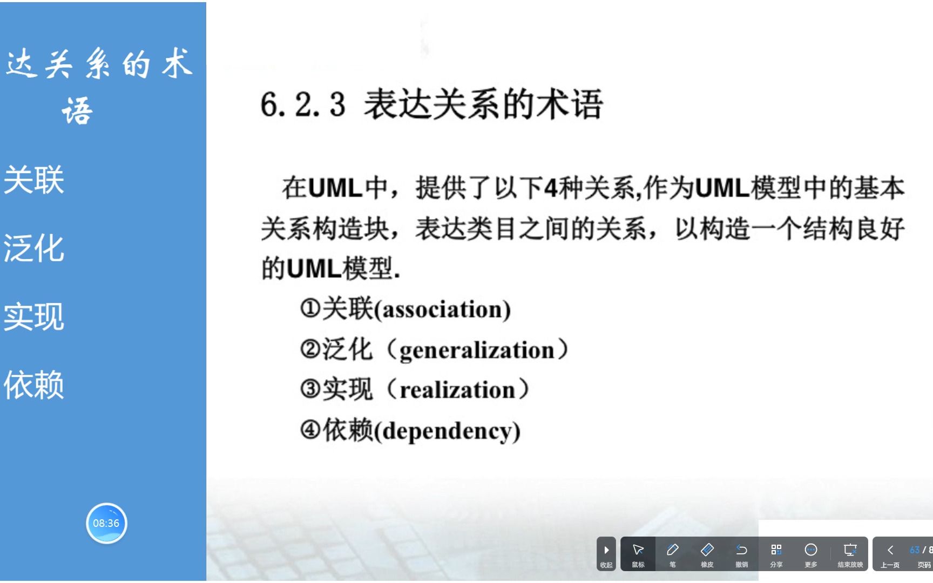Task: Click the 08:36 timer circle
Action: click(x=106, y=523)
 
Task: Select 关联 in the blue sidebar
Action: click(x=34, y=180)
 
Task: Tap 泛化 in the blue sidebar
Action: click(x=34, y=248)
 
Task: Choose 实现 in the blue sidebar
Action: click(x=34, y=317)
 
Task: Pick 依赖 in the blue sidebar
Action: click(x=34, y=385)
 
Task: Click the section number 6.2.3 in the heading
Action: click(x=303, y=104)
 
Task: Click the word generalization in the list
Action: click(x=477, y=350)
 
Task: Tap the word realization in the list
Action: click(x=457, y=390)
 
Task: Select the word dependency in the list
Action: click(x=447, y=431)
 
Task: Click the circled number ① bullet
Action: click(x=310, y=309)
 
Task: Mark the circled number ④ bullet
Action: click(x=311, y=430)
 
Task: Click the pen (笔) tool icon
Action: click(x=673, y=554)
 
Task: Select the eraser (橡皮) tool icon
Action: click(x=707, y=554)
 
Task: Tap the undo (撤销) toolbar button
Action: click(x=742, y=554)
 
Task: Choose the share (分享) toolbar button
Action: click(x=776, y=554)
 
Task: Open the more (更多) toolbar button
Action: click(x=811, y=554)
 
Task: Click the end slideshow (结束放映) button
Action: click(x=850, y=554)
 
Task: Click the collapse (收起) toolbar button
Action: click(x=606, y=554)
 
